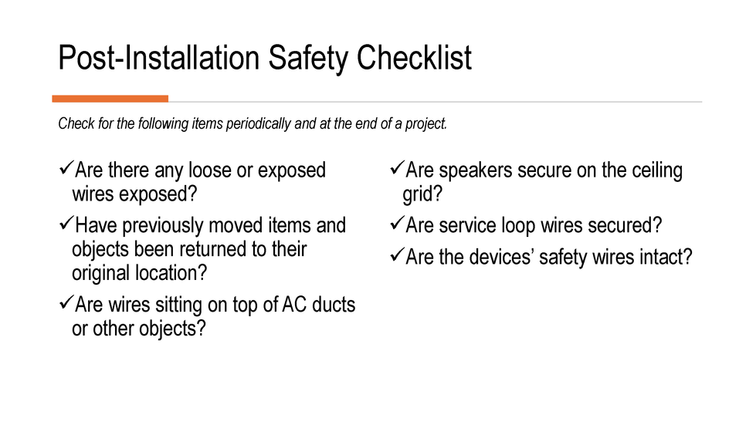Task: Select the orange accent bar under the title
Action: click(x=110, y=99)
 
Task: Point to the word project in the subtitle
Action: click(x=426, y=124)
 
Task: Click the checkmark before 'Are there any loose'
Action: click(x=66, y=168)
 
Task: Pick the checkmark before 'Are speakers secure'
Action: click(x=396, y=168)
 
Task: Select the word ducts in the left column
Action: click(x=334, y=305)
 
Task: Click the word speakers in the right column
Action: click(x=472, y=170)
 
